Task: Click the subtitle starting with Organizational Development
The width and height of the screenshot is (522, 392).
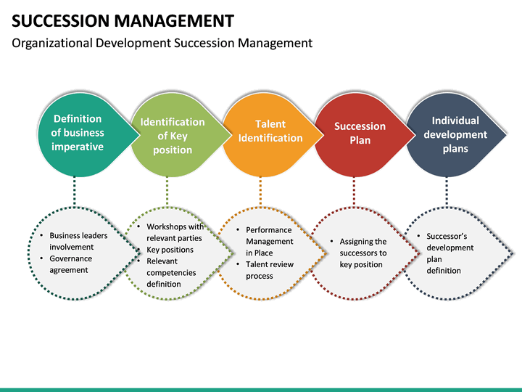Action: coord(162,43)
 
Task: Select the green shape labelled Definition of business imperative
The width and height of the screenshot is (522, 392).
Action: coord(77,133)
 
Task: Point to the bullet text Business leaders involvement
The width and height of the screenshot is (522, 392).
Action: coord(78,241)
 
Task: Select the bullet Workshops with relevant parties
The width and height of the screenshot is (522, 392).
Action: coord(174,232)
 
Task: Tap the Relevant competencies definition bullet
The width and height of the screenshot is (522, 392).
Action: coord(171,272)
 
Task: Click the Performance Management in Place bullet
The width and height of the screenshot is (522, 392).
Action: coord(269,241)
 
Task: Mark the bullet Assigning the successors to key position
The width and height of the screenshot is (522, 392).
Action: coord(363,253)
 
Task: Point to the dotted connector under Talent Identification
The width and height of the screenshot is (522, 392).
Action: coord(260,192)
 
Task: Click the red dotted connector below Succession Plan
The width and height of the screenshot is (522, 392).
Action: coord(354,192)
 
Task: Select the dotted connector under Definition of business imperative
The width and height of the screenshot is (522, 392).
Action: coord(74,192)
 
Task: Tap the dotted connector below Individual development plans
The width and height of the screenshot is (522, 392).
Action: coord(447,192)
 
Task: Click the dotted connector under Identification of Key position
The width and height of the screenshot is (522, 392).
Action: coord(167,192)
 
